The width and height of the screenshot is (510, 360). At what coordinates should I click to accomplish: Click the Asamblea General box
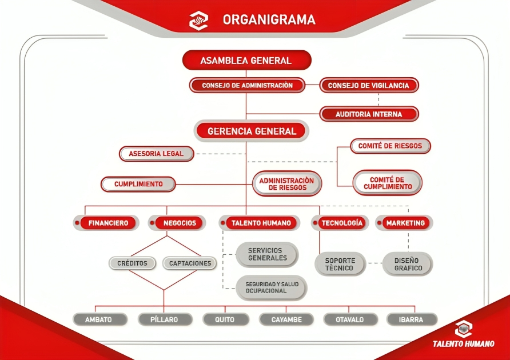(246, 60)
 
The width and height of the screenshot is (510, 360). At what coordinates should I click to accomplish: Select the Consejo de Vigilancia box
(369, 85)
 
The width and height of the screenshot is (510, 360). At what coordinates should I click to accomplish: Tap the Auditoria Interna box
(369, 114)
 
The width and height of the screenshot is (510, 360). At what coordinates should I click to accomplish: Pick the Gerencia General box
(252, 131)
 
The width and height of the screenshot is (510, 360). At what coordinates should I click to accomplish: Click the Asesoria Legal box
(156, 154)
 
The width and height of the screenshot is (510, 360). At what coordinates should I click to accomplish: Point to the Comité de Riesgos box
(390, 146)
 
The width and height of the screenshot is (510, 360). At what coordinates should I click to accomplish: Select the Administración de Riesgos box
(287, 183)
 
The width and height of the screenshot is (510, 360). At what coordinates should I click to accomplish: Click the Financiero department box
(108, 223)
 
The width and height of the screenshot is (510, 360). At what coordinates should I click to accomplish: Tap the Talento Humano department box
(261, 223)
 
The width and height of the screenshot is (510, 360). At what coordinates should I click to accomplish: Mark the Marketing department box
(405, 223)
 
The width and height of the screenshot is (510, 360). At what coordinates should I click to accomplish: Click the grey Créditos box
(132, 263)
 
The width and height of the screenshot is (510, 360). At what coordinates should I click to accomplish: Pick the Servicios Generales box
(268, 254)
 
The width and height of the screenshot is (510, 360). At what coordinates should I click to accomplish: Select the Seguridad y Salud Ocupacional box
(271, 287)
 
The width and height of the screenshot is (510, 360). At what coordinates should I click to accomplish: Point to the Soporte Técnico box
(340, 264)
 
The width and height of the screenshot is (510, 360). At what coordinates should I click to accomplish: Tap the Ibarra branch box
(411, 319)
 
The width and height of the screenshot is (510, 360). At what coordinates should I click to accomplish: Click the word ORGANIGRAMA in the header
(269, 20)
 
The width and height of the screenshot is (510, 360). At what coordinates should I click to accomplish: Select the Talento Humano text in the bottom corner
(463, 344)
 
